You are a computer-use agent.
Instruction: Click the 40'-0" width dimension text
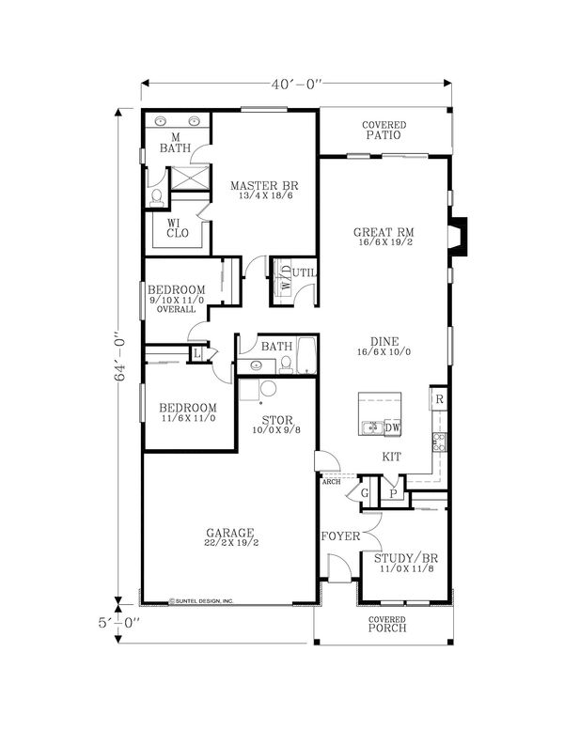point(297,85)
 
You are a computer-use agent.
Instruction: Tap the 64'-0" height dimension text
point(119,357)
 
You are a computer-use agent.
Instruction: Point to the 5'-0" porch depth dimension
point(118,623)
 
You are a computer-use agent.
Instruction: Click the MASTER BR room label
point(265,186)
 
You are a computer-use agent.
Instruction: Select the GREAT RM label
point(384,232)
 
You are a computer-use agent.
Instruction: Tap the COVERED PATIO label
point(384,131)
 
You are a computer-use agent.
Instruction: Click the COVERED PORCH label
point(387,625)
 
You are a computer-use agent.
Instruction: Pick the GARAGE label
point(230,533)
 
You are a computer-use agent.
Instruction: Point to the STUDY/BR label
point(406,558)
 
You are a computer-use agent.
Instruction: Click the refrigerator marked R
point(439,399)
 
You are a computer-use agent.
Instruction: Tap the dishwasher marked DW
point(392,427)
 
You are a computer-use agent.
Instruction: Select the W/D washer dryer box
point(282,281)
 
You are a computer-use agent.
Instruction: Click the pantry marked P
point(394,494)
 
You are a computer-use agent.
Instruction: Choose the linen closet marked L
point(197,354)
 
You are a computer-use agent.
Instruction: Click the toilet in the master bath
point(157,197)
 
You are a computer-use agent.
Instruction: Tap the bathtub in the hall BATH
point(306,356)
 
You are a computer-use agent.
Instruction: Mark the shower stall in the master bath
point(190,178)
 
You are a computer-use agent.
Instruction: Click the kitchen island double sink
point(372,427)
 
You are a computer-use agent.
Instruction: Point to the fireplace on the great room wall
point(458,237)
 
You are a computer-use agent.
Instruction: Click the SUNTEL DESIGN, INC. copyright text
point(201,601)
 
